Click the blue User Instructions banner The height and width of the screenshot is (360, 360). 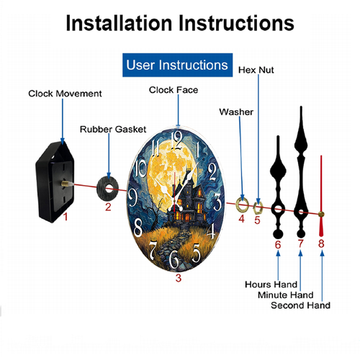click(x=177, y=65)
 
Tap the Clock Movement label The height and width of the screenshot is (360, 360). click(x=65, y=94)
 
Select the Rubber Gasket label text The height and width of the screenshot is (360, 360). click(x=113, y=129)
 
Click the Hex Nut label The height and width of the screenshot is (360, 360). click(x=256, y=70)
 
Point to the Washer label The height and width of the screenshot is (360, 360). click(x=236, y=112)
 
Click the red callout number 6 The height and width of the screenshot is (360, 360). click(x=278, y=245)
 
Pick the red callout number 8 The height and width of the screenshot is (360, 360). click(x=321, y=243)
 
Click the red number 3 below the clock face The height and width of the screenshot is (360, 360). click(x=179, y=278)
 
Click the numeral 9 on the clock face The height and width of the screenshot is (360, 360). click(x=132, y=197)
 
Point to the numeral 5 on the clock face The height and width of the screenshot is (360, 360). click(x=196, y=253)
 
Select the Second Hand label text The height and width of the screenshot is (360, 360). click(x=300, y=305)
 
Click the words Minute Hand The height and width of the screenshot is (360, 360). click(x=286, y=294)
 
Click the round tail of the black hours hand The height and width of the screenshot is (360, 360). click(x=278, y=234)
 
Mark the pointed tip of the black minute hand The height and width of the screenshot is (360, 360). click(x=301, y=107)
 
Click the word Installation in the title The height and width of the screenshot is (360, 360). click(x=119, y=23)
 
